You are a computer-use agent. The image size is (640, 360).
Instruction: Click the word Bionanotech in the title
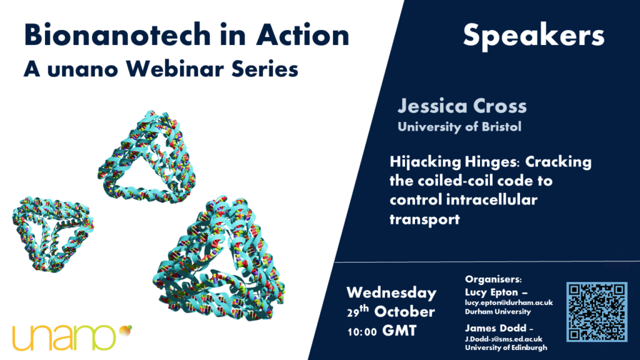click(116, 35)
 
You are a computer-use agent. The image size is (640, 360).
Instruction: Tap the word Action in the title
click(303, 35)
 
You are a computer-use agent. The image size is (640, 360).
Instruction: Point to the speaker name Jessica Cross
click(462, 106)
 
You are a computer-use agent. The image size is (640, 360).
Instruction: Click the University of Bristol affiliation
click(459, 127)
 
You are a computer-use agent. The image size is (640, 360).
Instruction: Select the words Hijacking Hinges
click(455, 162)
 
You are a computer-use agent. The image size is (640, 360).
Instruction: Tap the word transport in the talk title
click(424, 219)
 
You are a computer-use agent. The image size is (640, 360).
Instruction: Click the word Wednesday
click(391, 293)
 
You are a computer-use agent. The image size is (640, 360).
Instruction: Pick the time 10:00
click(362, 332)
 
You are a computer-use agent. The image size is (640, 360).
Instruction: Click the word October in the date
click(404, 312)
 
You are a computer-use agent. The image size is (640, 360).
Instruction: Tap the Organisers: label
click(494, 279)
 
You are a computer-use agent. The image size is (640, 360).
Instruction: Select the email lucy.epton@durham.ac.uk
click(509, 303)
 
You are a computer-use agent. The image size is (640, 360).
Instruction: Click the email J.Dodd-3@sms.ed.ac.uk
click(504, 339)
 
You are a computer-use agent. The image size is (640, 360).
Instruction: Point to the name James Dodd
click(496, 328)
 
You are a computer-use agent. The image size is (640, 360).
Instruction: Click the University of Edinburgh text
click(506, 347)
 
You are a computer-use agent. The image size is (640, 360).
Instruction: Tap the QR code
click(597, 311)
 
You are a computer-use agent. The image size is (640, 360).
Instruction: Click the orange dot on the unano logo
click(125, 330)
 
